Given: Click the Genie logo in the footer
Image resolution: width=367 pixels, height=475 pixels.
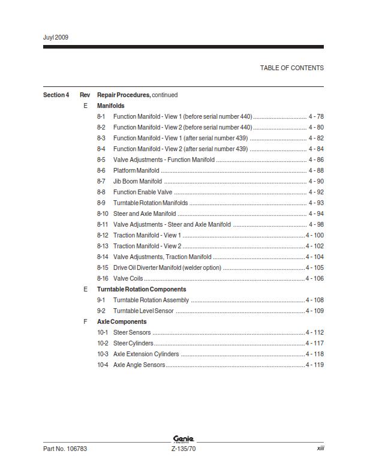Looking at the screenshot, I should [183, 439].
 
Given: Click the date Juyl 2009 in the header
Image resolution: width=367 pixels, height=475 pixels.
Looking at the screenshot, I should [56, 37].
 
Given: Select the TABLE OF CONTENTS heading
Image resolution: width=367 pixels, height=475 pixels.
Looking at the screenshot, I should [291, 68].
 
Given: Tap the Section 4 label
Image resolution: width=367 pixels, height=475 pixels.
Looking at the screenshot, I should [56, 95].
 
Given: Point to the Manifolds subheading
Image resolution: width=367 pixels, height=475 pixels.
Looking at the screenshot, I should [111, 106].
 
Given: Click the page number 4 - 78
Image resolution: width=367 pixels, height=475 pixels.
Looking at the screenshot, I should [316, 116].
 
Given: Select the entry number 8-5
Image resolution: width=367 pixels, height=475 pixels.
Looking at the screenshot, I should [101, 160].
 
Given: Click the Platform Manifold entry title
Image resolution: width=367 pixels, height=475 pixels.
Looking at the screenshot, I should [136, 170].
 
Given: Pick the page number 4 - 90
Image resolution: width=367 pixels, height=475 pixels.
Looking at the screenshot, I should [316, 181].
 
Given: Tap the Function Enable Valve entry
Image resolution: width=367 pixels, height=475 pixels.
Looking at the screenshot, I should [143, 192].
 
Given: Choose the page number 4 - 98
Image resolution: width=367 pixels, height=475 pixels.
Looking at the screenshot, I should [316, 224].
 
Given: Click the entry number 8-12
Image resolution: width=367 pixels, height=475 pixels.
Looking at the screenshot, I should [103, 235].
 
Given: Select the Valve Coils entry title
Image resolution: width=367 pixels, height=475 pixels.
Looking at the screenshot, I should [128, 278].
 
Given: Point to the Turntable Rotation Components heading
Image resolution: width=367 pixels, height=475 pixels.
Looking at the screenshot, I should [142, 289].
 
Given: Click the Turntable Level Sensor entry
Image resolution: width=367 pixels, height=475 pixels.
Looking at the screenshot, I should [143, 311].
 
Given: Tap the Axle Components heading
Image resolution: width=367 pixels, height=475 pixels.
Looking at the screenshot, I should [122, 321].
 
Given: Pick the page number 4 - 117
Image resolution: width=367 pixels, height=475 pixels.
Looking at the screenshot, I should [315, 343].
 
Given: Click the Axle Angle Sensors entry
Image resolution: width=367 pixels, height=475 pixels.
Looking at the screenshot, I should [139, 365].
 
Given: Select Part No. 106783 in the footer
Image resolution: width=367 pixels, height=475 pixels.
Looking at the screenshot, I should [65, 449].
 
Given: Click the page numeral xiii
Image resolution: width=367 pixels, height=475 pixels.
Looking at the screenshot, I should [320, 449].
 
